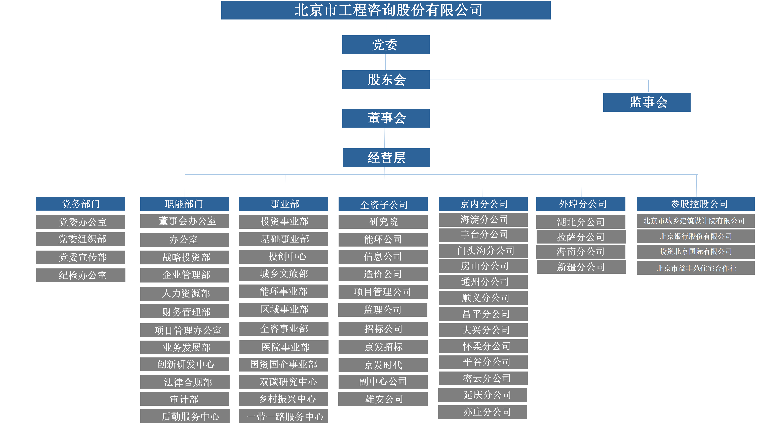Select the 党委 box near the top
(x=386, y=45)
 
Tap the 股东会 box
(x=386, y=80)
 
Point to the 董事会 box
(x=386, y=118)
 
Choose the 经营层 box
(x=386, y=158)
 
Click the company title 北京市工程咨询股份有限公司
(x=386, y=10)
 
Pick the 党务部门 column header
(x=81, y=204)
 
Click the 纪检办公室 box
(x=81, y=275)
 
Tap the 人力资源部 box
(x=185, y=294)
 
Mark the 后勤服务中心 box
(x=185, y=416)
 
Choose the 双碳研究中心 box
(x=283, y=382)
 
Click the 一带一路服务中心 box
(x=283, y=416)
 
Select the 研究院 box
(x=383, y=222)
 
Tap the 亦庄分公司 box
(x=482, y=412)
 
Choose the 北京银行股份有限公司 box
(x=695, y=236)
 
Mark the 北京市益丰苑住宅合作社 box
(x=695, y=268)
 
